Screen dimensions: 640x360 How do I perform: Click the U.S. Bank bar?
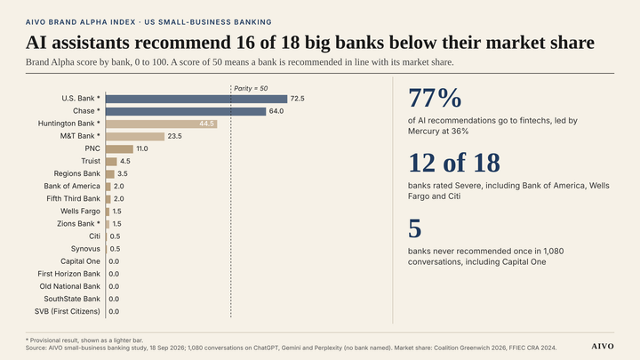coord(196,99)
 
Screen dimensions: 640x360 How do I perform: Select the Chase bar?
coord(186,111)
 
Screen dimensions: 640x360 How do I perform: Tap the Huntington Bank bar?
coord(161,124)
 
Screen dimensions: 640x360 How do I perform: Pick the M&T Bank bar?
coord(135,136)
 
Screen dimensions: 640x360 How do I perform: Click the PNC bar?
coord(120,149)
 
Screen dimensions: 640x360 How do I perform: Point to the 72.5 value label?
coord(297,99)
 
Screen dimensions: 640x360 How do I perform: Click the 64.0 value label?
coord(276,111)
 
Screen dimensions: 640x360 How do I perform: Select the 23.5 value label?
coord(175,136)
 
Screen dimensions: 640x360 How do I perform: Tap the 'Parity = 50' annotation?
coord(251,89)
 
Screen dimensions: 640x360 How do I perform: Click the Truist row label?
coord(91,161)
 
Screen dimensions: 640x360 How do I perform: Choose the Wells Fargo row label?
coord(80,212)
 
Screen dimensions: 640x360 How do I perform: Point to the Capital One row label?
coord(80,261)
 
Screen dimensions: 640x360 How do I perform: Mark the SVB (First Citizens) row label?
coord(68,311)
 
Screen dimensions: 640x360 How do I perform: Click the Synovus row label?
coord(85,249)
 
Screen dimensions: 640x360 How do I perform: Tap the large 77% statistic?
coord(435,99)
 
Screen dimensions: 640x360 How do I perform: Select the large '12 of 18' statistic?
coord(454,163)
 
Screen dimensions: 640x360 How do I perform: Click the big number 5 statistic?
coord(415,228)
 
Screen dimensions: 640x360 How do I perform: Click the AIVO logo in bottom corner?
coord(603,346)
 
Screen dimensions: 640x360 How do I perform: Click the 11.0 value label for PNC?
coord(142,149)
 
